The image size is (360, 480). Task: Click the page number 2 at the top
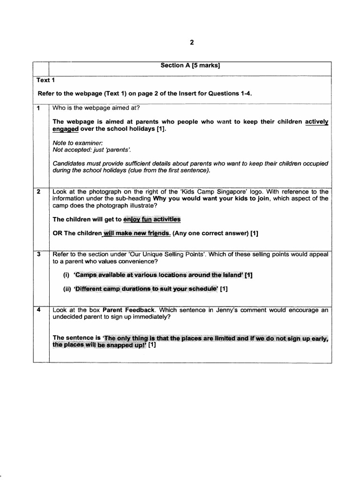(191, 42)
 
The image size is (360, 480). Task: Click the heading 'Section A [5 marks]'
(190, 66)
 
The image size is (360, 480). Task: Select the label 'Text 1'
(46, 80)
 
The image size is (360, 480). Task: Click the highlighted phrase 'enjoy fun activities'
(151, 219)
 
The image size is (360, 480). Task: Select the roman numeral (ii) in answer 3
(67, 289)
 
